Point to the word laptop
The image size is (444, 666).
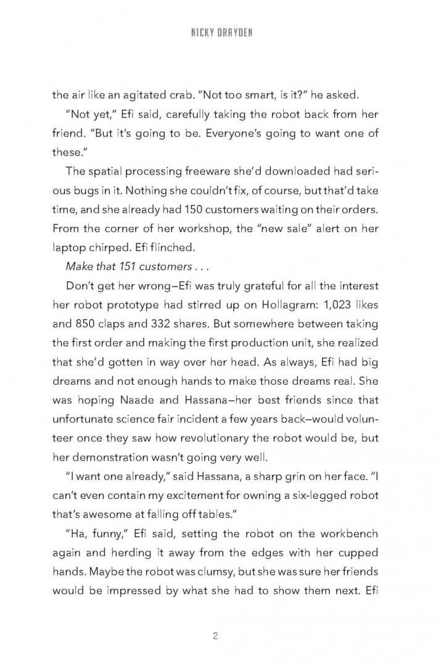click(x=67, y=247)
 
